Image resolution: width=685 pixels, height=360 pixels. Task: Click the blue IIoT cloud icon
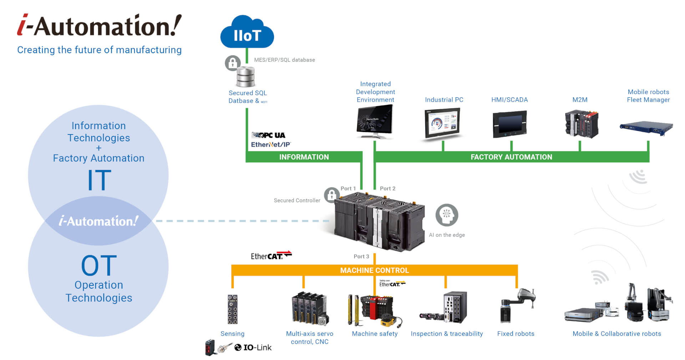coord(247,33)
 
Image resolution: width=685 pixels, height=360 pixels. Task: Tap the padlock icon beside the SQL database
coord(232,63)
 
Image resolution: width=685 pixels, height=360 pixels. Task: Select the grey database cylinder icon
coord(246,76)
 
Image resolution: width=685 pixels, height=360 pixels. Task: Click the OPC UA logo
coord(268,135)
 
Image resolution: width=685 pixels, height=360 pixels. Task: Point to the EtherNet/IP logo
coord(271,144)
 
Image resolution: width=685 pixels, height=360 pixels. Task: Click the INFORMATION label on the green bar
coord(304,157)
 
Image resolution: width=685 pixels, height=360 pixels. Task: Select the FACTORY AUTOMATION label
coord(511,157)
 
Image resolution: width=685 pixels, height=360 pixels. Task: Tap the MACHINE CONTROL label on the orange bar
coord(374,270)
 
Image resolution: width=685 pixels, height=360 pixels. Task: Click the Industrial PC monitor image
coord(442,124)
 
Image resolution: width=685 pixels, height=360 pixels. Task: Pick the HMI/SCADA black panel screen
coord(509,125)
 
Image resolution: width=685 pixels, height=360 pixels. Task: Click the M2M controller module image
coord(582,124)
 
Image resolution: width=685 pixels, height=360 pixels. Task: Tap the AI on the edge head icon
coord(447,215)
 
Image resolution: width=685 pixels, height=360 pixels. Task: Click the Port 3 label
coord(361,257)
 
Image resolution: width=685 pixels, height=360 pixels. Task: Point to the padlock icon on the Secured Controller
coord(331,195)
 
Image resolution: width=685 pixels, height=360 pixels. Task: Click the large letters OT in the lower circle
coord(99,265)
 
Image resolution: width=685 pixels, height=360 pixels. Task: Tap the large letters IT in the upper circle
coord(99,180)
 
